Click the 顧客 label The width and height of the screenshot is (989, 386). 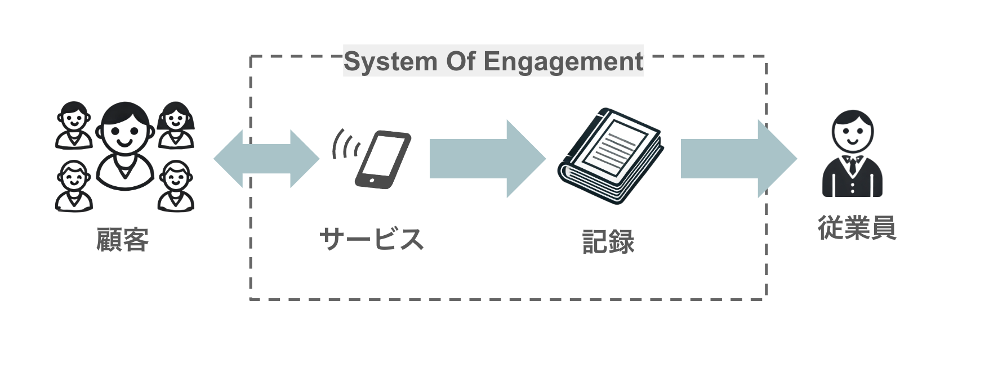[123, 240]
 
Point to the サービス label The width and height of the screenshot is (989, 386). [371, 239]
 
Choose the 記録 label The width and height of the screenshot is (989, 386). [608, 242]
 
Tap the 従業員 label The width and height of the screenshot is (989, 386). [857, 227]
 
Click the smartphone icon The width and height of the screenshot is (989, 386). [382, 160]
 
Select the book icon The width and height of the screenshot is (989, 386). [611, 155]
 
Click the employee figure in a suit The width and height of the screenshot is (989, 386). [852, 154]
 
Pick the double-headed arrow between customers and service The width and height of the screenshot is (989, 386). [266, 159]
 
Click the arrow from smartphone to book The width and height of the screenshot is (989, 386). [488, 159]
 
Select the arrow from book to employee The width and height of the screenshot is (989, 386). [739, 159]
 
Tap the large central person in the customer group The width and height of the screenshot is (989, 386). [124, 146]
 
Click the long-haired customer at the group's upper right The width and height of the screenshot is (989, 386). [176, 125]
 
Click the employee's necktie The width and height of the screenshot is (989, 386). [853, 165]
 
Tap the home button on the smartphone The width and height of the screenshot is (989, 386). [371, 181]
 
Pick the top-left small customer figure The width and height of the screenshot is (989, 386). [74, 125]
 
